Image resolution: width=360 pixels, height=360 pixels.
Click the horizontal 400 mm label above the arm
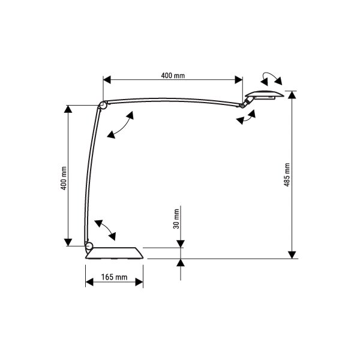(173, 76)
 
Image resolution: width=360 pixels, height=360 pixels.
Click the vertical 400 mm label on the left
(64, 178)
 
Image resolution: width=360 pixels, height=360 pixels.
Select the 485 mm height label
(287, 175)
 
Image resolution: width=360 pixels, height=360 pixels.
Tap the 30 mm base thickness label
(176, 219)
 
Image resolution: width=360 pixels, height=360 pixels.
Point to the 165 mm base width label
(114, 277)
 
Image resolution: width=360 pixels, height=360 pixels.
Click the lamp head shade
(265, 95)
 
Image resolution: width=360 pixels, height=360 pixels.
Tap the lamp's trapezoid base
(115, 253)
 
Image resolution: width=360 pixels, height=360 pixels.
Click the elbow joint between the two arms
(102, 105)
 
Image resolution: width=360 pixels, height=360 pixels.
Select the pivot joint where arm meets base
(89, 245)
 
